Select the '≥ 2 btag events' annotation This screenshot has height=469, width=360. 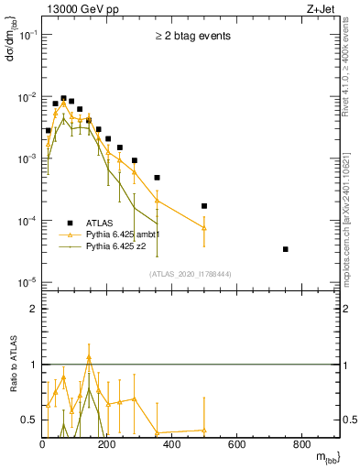pos(191,37)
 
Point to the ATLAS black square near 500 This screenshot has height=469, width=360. pos(204,206)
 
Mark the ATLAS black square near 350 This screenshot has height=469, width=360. pos(157,178)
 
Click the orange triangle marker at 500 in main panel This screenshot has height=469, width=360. pos(204,228)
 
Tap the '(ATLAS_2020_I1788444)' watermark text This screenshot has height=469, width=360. pos(191,274)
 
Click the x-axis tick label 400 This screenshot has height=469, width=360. pos(172,446)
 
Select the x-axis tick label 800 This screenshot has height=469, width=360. pos(301,446)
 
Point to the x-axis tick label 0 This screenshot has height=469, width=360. pos(43,446)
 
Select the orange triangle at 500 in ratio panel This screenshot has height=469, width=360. pos(204,431)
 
